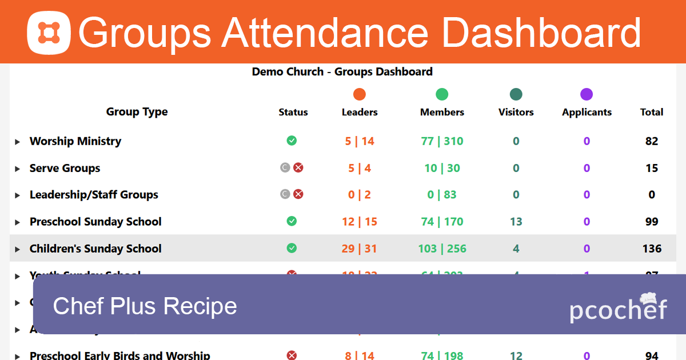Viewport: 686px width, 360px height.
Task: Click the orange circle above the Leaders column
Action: pyautogui.click(x=360, y=94)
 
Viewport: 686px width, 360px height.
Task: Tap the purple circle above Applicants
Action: pyautogui.click(x=587, y=94)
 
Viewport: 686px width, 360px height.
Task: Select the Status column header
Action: pyautogui.click(x=293, y=112)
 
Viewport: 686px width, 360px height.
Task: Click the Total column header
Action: pyautogui.click(x=652, y=112)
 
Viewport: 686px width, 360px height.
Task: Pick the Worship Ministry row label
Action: pyautogui.click(x=75, y=141)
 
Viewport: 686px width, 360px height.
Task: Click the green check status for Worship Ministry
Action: pyautogui.click(x=292, y=141)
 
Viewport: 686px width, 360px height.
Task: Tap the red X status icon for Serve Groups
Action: pyautogui.click(x=298, y=167)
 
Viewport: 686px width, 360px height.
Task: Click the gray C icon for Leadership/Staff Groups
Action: pyautogui.click(x=285, y=194)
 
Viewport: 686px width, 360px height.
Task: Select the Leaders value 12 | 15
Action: pyautogui.click(x=360, y=222)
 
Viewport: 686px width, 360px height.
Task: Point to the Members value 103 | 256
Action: pyautogui.click(x=442, y=249)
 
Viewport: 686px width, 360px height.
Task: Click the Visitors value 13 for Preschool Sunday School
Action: pyautogui.click(x=516, y=222)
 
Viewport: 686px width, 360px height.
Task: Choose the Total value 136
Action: pyautogui.click(x=652, y=249)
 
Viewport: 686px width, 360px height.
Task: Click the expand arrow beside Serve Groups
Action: pyautogui.click(x=18, y=169)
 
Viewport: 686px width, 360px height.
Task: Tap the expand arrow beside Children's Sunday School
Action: pyautogui.click(x=18, y=249)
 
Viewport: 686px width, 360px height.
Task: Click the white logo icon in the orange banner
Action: pyautogui.click(x=49, y=33)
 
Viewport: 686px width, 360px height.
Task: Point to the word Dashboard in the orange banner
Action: pyautogui.click(x=541, y=33)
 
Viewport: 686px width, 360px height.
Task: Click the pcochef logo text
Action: pyautogui.click(x=618, y=309)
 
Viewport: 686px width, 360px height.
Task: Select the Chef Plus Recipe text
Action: pyautogui.click(x=145, y=306)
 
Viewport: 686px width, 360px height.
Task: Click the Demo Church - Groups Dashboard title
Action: pyautogui.click(x=342, y=71)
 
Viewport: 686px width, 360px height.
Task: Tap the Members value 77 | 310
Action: pyautogui.click(x=442, y=141)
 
